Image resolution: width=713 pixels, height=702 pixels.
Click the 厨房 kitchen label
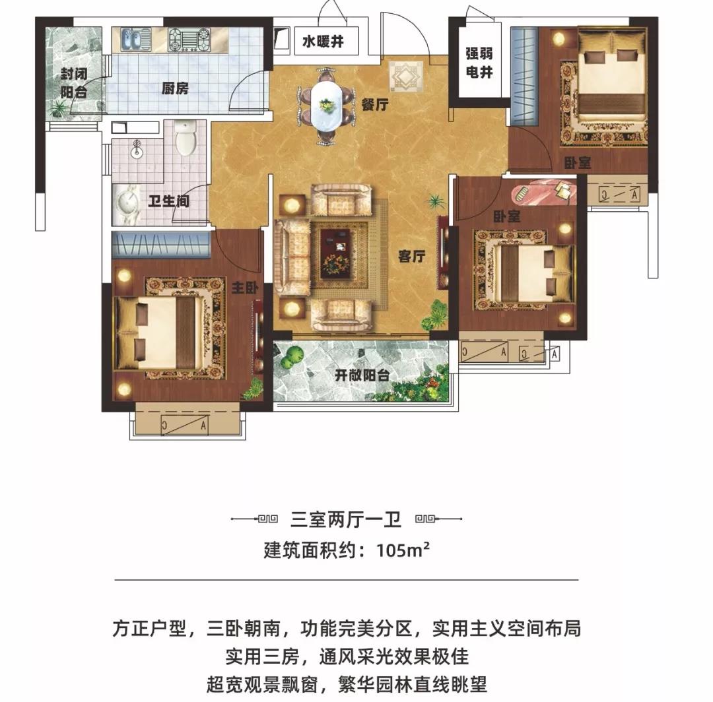click(x=174, y=88)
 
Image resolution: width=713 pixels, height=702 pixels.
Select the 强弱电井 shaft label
click(x=479, y=63)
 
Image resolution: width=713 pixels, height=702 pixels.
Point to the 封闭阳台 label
click(x=74, y=82)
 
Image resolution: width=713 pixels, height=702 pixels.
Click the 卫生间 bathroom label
click(x=168, y=201)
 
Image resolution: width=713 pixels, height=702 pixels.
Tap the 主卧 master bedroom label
click(x=245, y=287)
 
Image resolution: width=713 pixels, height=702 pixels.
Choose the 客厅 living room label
click(x=411, y=256)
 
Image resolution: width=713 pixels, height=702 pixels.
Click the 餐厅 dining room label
click(x=375, y=104)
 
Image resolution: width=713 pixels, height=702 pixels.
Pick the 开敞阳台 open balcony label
click(x=362, y=376)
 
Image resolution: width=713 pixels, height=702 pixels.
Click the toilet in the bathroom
click(x=185, y=138)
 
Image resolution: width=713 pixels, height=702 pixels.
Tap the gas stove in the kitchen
click(x=189, y=39)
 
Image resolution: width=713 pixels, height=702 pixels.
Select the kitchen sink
click(x=136, y=39)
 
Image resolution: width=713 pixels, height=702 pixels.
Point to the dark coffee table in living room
click(x=336, y=253)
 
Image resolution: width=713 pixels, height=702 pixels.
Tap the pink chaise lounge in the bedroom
click(x=544, y=192)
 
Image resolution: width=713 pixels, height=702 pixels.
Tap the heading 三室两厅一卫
click(x=345, y=519)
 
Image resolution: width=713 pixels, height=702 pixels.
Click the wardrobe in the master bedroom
click(x=161, y=245)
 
